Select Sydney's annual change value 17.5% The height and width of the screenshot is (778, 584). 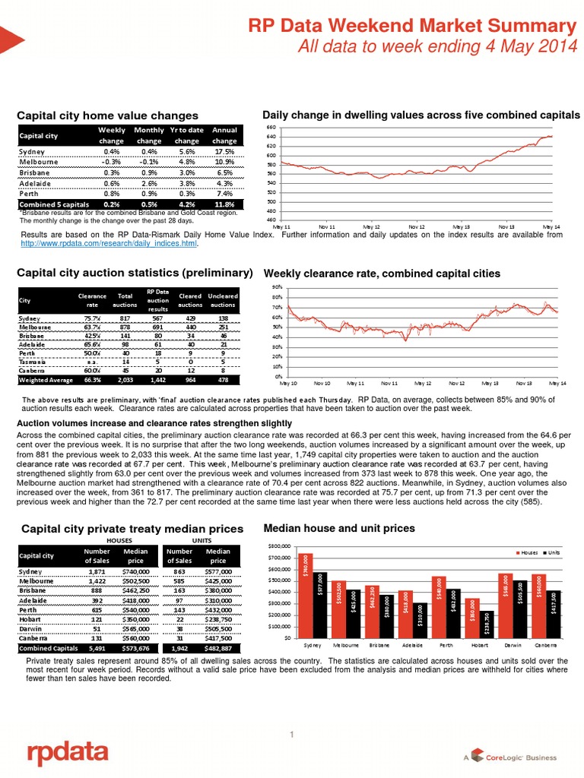point(224,150)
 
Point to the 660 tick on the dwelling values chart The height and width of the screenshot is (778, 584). point(271,128)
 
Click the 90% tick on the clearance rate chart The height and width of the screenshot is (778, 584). point(278,287)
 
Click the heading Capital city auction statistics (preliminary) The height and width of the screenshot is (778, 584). point(135,272)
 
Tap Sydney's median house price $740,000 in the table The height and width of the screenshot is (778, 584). point(136,568)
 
